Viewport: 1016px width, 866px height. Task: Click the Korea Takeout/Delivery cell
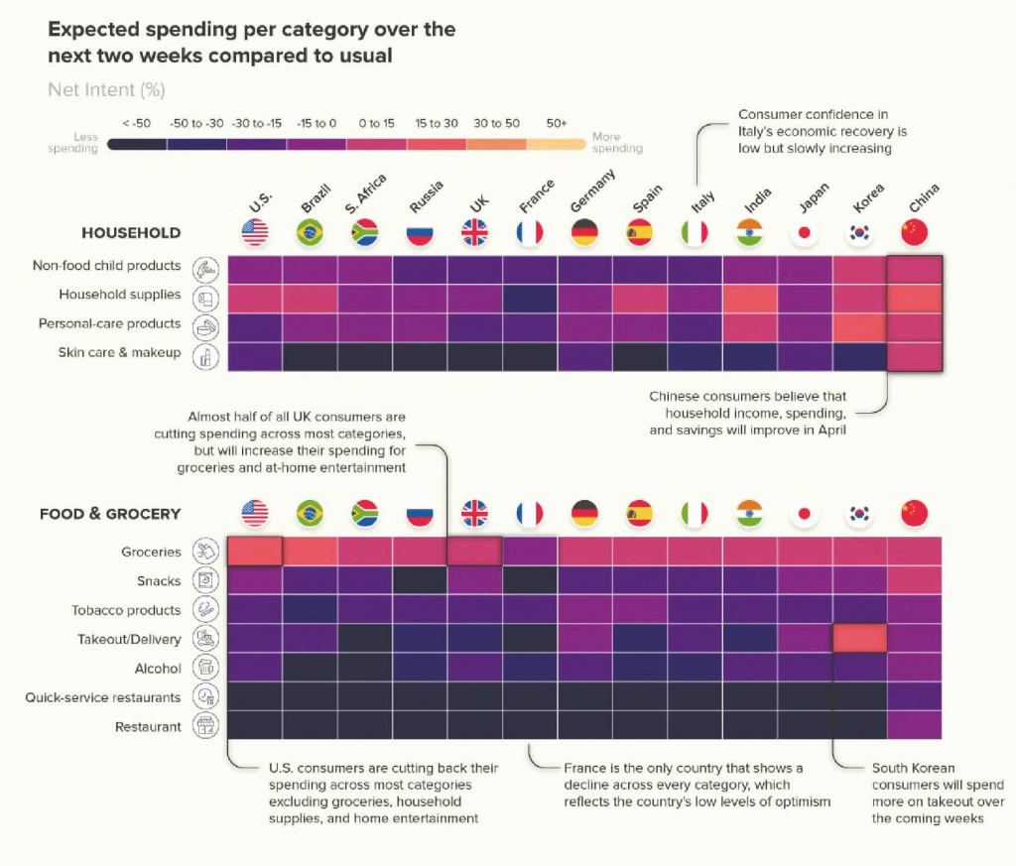click(859, 639)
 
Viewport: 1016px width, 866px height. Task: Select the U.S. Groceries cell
click(255, 551)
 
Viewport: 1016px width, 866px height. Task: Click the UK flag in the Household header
click(475, 232)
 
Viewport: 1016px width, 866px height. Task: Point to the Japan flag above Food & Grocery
click(805, 513)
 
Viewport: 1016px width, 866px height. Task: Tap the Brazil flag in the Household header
click(310, 232)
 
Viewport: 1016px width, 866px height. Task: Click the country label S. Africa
click(367, 194)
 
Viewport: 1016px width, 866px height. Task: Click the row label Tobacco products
click(126, 610)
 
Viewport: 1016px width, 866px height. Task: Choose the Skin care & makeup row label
click(120, 352)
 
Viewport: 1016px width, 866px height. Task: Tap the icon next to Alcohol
click(206, 669)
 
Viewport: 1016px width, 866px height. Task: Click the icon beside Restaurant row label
click(206, 727)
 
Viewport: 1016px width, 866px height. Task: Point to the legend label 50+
click(557, 123)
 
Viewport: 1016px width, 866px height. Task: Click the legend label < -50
click(137, 123)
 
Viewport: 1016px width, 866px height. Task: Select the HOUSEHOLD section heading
click(131, 233)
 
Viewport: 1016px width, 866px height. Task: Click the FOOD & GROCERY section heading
click(110, 514)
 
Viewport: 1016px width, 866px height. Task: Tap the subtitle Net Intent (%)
click(106, 90)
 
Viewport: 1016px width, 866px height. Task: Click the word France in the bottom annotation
click(586, 769)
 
